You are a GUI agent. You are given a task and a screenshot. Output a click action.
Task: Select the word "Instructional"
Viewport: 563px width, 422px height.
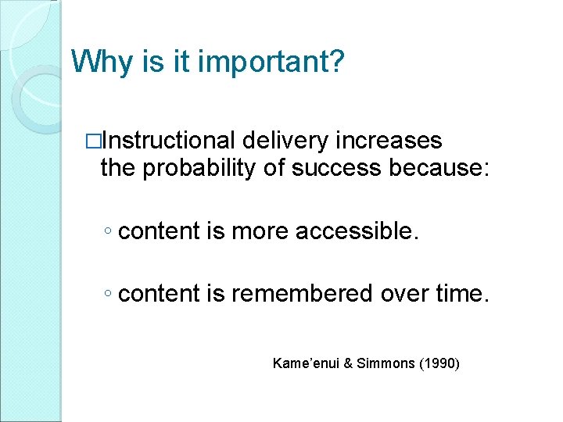coord(169,141)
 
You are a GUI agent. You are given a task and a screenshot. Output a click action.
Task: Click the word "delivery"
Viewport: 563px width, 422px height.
coord(285,141)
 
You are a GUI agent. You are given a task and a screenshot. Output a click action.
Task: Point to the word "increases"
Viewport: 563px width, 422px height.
coord(389,141)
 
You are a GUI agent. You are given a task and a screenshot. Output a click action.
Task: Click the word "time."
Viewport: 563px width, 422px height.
coord(464,294)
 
